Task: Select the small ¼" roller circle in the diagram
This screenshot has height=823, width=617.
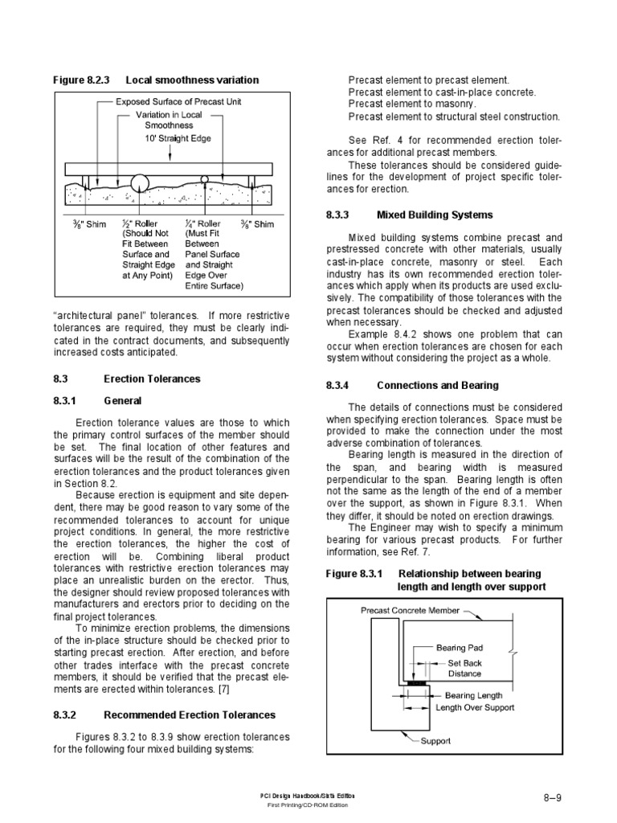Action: [x=205, y=178]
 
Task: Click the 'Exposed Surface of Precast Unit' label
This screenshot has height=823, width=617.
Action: [x=178, y=102]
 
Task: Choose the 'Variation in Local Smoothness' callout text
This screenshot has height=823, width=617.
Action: [x=169, y=120]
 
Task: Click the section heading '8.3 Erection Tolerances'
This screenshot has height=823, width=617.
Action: [x=127, y=378]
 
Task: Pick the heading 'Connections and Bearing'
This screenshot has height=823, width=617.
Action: [x=438, y=386]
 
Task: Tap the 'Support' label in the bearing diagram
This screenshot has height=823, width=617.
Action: [x=435, y=740]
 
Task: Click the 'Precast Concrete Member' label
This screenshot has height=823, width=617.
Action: [x=410, y=610]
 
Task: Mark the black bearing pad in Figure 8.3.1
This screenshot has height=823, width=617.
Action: [x=415, y=683]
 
